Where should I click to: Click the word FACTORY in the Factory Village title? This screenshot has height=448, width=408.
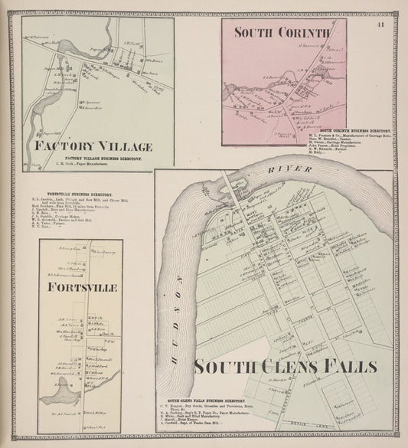64,146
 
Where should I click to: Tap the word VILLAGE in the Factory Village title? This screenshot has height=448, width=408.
124,146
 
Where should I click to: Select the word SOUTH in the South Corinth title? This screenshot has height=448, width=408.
252,33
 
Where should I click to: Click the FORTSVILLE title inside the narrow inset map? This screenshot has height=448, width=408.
80,287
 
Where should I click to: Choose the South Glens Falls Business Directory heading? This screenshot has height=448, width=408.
207,399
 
